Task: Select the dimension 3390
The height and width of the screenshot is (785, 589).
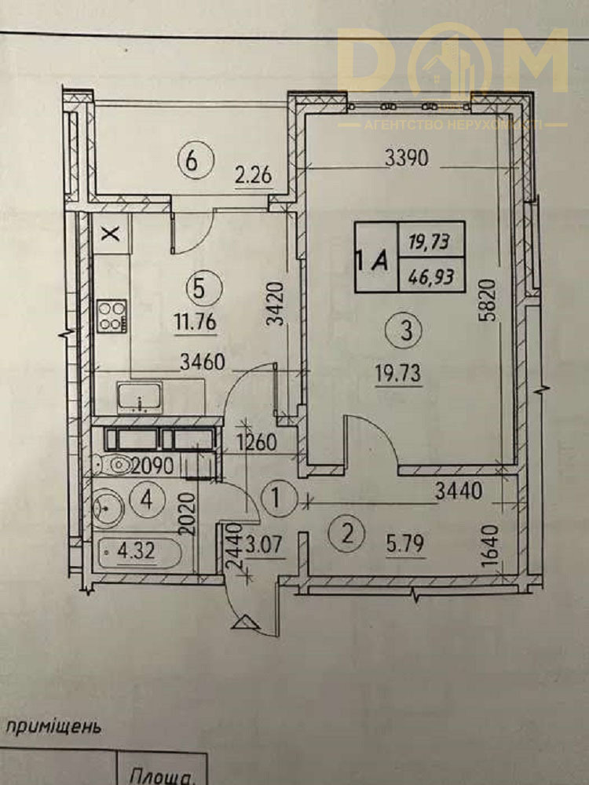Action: click(x=406, y=159)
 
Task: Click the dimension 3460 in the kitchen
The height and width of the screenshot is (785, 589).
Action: click(x=204, y=363)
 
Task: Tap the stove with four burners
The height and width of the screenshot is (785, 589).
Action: click(x=112, y=316)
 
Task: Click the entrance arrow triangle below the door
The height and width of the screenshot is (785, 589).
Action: click(x=246, y=622)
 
